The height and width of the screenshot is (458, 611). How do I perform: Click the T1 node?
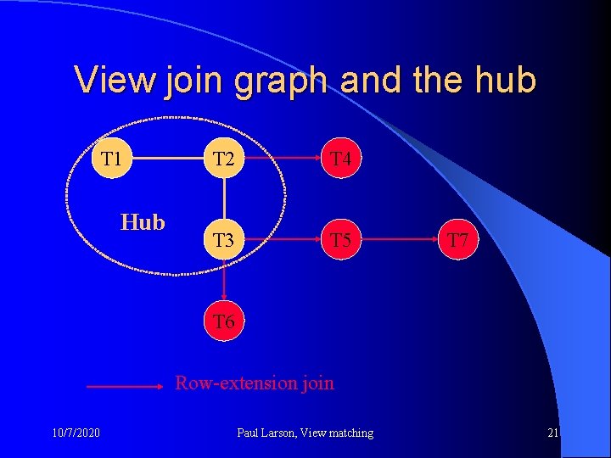coord(111,159)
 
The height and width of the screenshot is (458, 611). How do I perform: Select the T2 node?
coord(224,159)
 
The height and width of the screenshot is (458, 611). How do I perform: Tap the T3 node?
coord(224,240)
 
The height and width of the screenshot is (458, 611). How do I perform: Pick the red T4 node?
coord(341,159)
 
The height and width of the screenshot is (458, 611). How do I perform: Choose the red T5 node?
coord(341,240)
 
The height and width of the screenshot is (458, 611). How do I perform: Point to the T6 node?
coord(224,321)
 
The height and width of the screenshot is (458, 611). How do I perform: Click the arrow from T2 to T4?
coord(283,159)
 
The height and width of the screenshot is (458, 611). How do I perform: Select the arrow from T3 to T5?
coord(283,240)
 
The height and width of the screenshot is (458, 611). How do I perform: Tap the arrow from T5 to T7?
coord(400,240)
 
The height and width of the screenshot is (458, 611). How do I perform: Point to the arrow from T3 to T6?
coord(224,281)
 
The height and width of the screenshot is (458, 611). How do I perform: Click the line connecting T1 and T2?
coord(167,159)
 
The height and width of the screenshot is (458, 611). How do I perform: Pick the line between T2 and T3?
coord(224,199)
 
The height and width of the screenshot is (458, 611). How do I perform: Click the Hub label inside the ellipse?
coord(143,222)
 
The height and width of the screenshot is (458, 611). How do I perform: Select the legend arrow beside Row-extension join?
coord(124,386)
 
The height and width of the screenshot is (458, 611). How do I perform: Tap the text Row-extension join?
coord(255,383)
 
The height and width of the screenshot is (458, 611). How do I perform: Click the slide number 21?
coord(552,433)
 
